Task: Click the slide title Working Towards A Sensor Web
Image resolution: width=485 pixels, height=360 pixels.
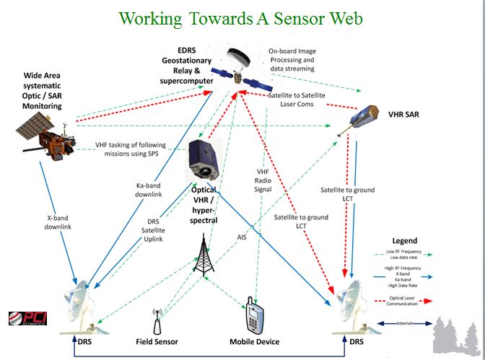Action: coord(242,18)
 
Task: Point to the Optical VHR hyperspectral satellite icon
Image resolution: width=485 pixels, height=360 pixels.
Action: coord(206,162)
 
